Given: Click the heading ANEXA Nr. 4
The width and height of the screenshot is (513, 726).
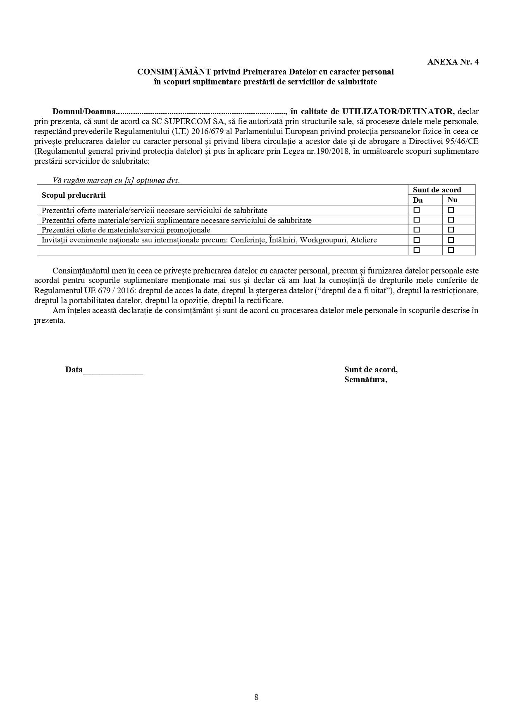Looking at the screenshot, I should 453,62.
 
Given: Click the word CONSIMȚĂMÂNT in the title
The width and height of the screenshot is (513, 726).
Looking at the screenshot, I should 174,72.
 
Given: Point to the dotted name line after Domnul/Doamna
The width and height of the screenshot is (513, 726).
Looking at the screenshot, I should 201,112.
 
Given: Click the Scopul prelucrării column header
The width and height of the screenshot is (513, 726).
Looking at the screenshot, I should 74,195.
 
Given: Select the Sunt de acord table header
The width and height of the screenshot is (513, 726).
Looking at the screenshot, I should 437,190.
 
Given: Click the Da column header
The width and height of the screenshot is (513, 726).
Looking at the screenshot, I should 418,200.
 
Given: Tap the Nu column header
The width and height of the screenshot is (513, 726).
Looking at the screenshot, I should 452,200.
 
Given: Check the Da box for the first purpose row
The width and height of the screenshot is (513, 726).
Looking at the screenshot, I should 417,210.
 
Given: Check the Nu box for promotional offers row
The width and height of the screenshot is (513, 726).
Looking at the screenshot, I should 451,230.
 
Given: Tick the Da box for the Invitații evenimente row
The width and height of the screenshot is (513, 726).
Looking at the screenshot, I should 417,240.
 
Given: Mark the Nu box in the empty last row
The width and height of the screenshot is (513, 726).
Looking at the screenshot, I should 451,250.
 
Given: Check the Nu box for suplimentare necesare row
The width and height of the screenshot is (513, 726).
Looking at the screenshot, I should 451,220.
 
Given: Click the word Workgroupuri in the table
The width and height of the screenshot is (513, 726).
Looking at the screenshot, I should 323,240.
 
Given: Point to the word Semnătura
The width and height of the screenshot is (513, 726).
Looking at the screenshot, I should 365,380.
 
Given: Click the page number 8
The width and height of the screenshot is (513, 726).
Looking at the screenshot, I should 256,697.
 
